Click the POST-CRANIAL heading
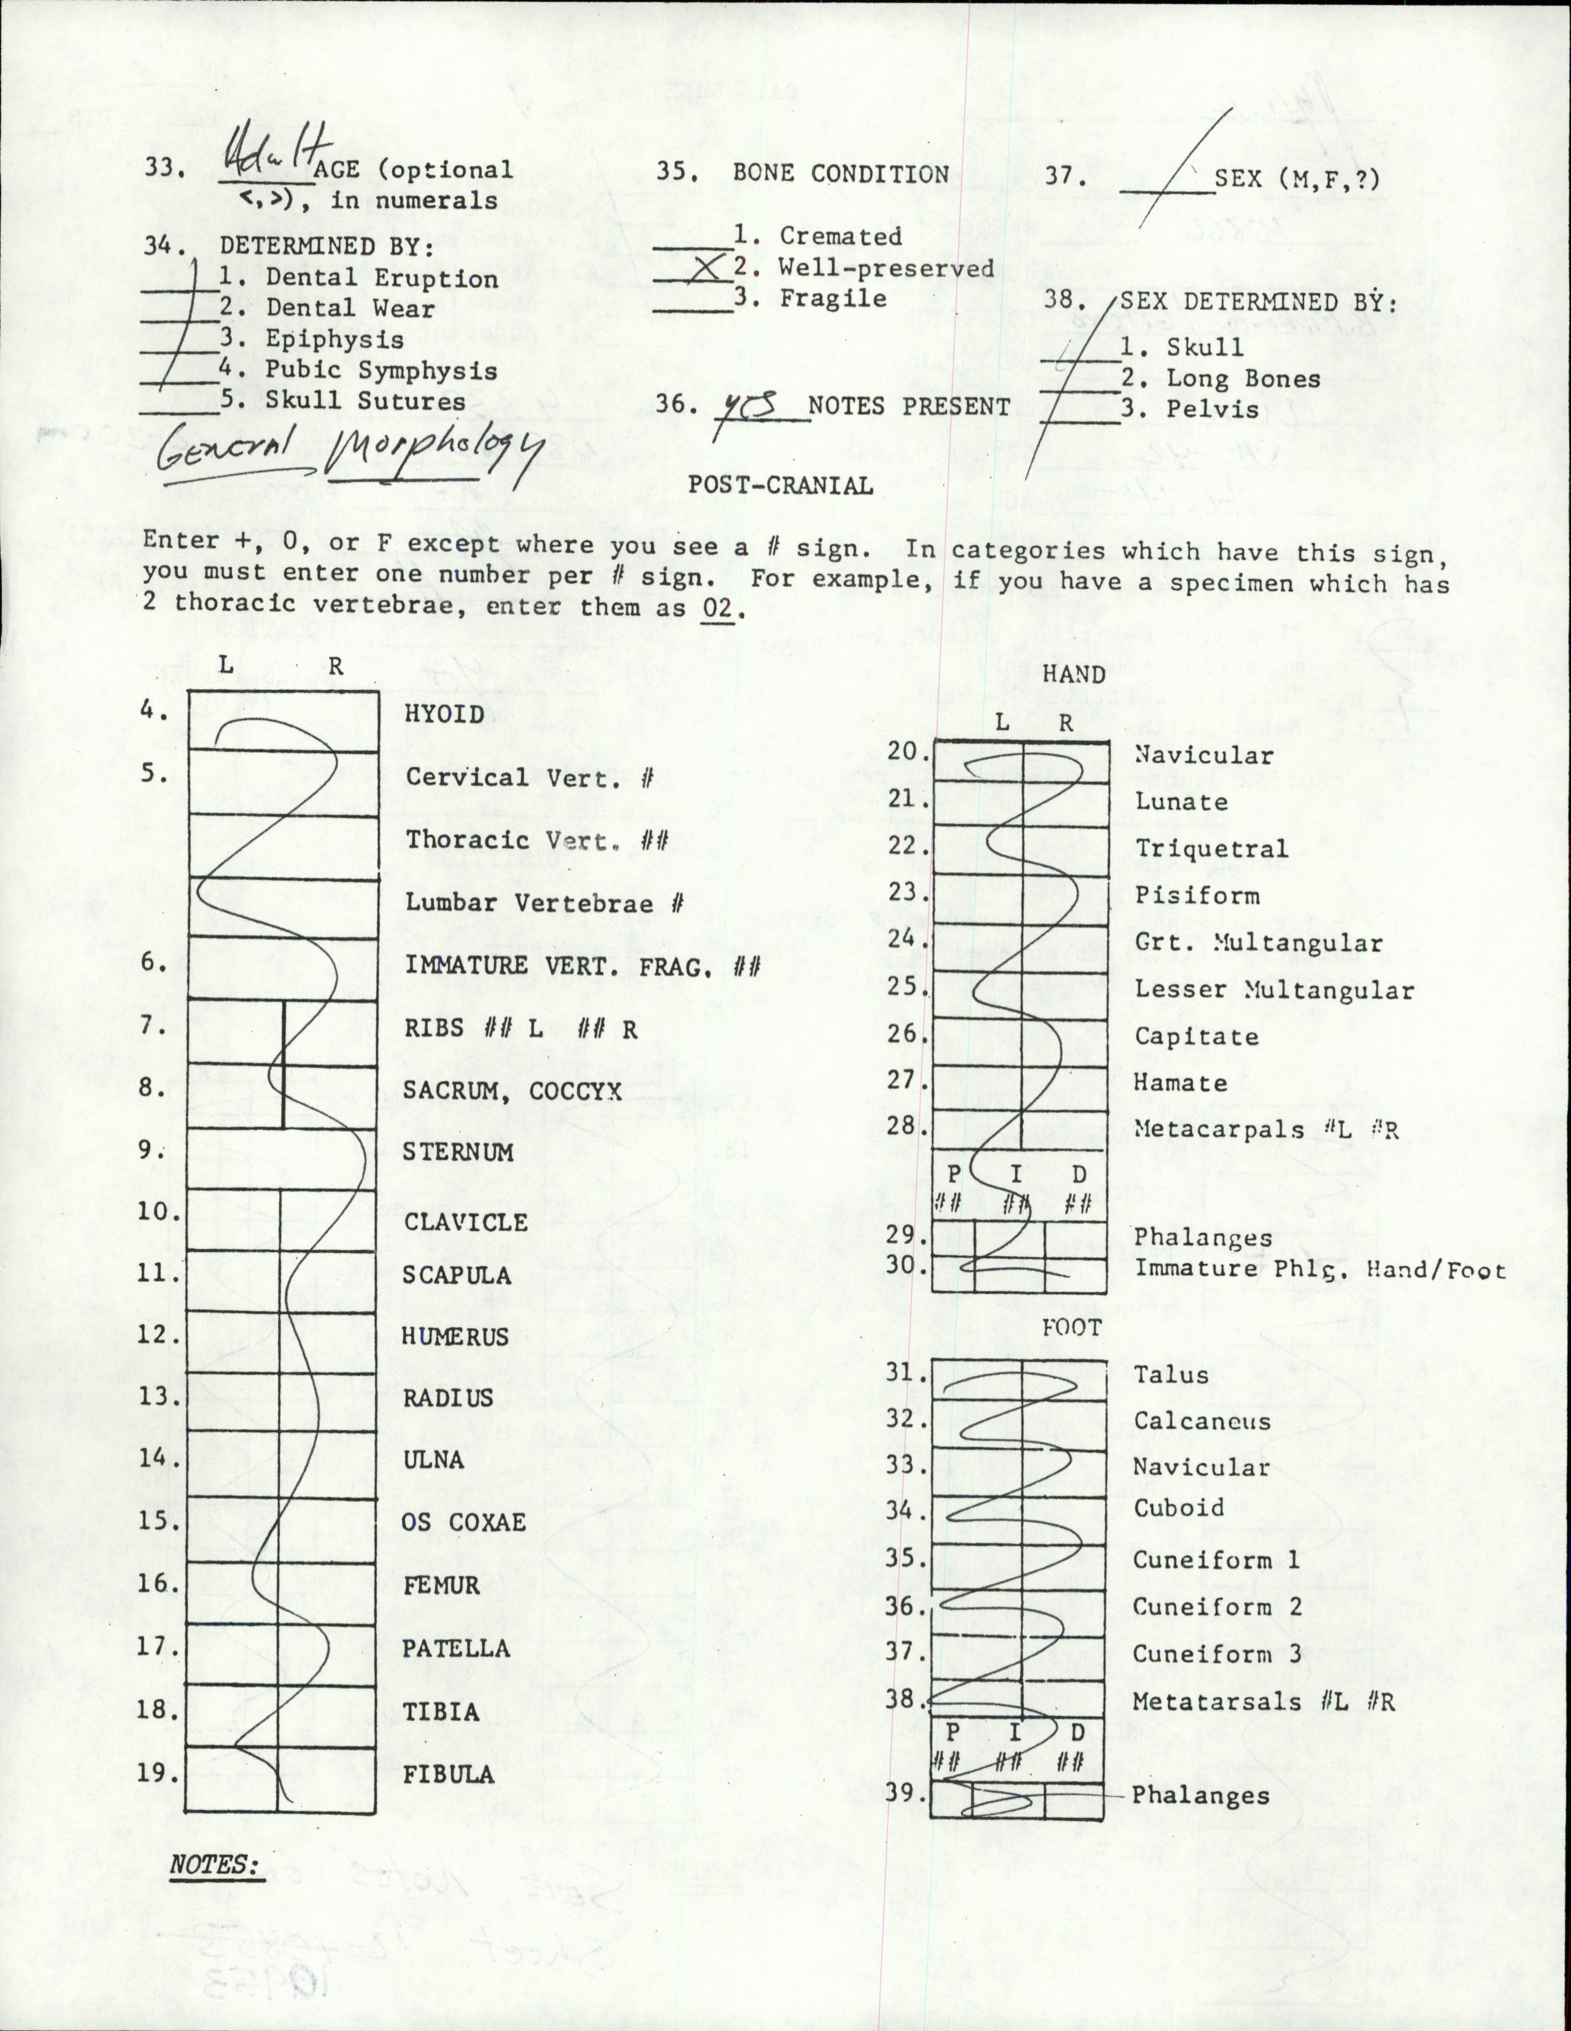(780, 486)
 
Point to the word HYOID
(444, 714)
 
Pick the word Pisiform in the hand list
(1197, 896)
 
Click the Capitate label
(1197, 1037)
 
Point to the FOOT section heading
(1071, 1328)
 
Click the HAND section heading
(1074, 674)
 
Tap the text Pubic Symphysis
(381, 370)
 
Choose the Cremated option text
(840, 236)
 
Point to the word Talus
(1170, 1374)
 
